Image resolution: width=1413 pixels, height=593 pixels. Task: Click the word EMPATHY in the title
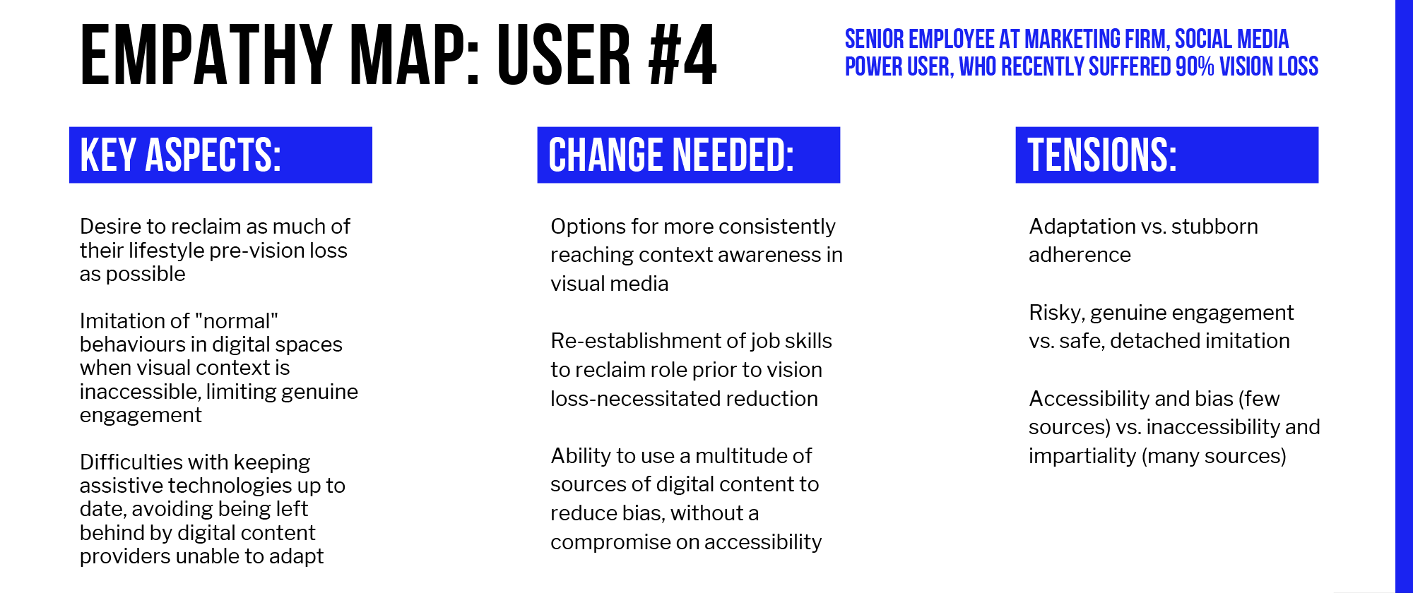206,55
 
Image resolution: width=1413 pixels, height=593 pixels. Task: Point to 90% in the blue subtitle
1195,66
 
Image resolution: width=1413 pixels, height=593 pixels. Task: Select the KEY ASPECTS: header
181,155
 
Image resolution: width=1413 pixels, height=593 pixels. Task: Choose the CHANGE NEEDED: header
671,155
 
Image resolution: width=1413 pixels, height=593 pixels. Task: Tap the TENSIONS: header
1102,155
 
